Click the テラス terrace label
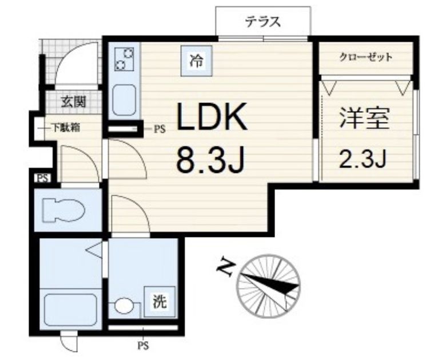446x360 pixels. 264,22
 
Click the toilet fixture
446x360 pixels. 63,210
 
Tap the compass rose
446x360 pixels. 270,284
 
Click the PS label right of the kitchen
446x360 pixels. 159,130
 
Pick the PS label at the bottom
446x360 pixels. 142,346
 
